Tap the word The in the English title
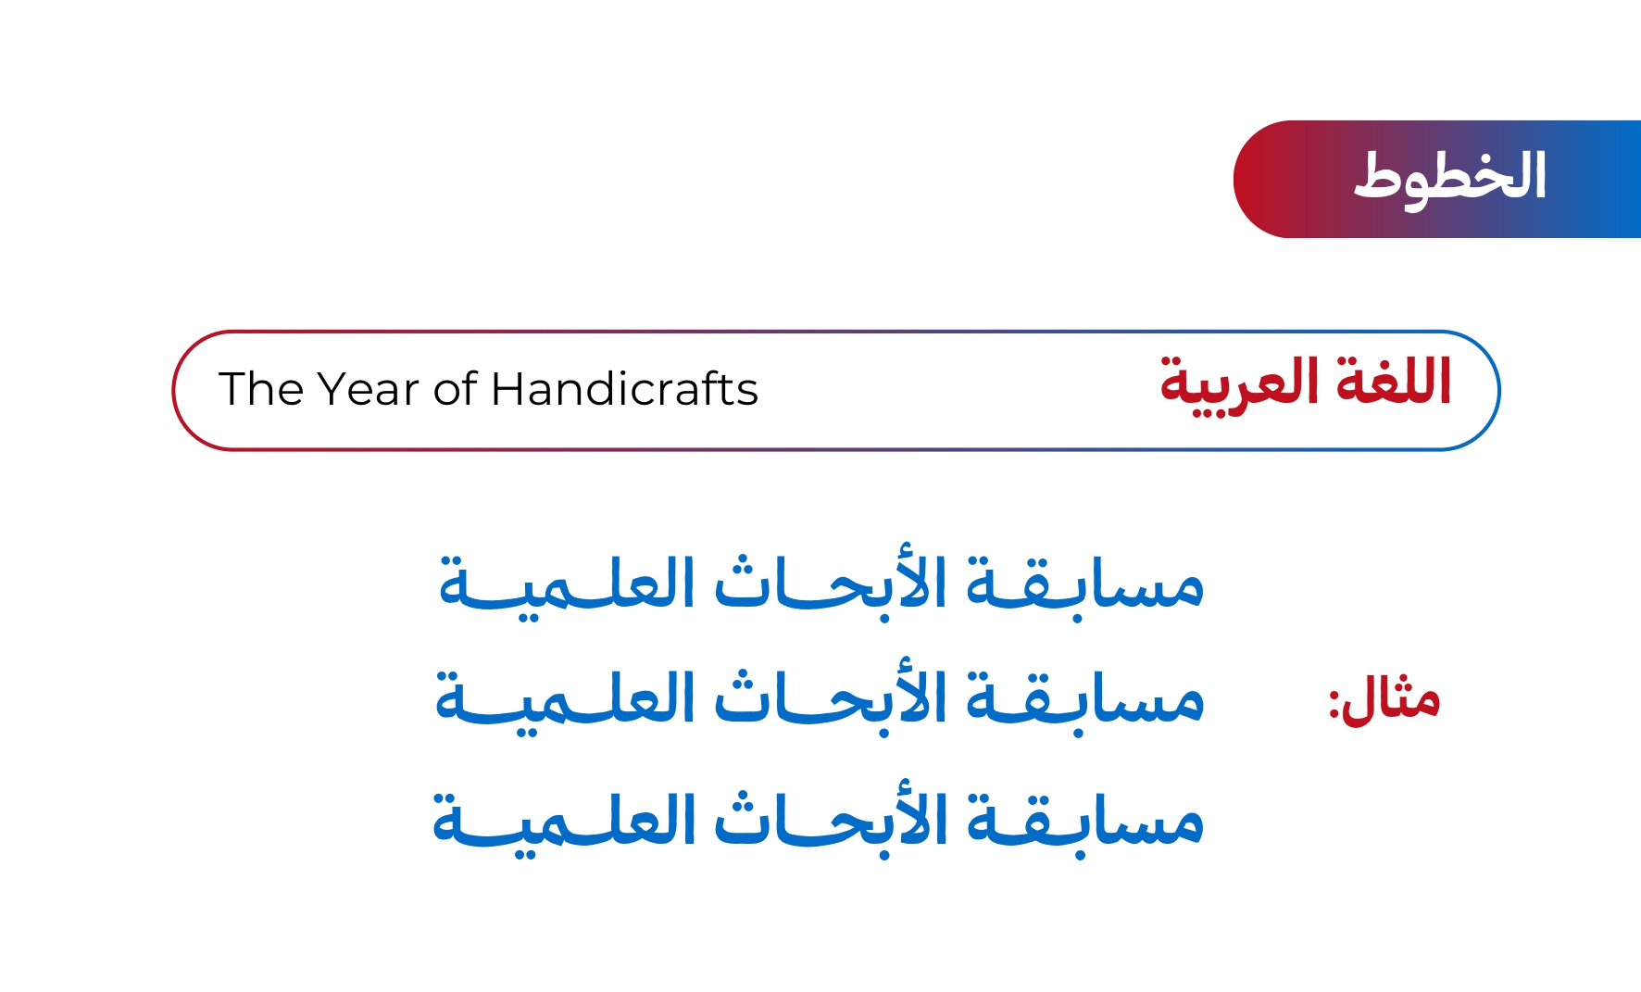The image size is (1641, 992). click(258, 389)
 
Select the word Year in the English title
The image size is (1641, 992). click(369, 389)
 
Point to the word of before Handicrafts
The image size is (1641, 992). click(456, 389)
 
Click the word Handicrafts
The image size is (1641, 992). click(625, 389)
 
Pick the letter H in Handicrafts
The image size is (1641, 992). click(507, 389)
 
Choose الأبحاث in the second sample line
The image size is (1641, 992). click(831, 698)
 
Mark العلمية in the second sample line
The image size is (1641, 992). click(565, 702)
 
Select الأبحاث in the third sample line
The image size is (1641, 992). click(831, 821)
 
